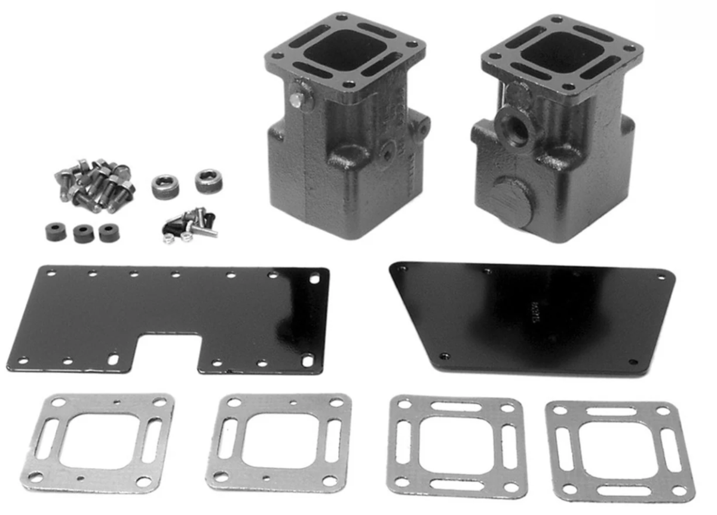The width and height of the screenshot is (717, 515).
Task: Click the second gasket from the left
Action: pyautogui.click(x=277, y=442)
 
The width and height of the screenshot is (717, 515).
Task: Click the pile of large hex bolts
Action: pyautogui.click(x=96, y=185)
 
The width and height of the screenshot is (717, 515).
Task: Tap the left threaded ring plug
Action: pyautogui.click(x=165, y=186)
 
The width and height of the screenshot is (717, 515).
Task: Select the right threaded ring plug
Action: pyautogui.click(x=209, y=180)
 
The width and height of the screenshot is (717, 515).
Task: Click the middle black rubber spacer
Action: pyautogui.click(x=83, y=233)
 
